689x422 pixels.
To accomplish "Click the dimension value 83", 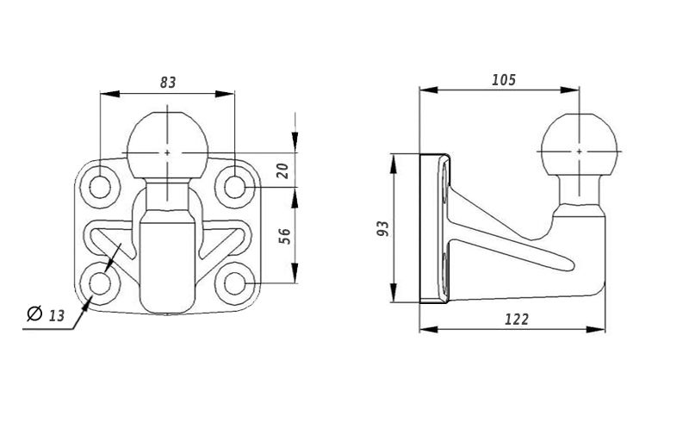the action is coord(168,82).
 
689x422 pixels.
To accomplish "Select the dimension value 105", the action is coord(504,80).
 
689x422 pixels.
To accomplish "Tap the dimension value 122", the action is coord(517,320).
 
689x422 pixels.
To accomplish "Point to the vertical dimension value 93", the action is coord(383,228).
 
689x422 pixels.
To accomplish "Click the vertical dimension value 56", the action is coord(285,236).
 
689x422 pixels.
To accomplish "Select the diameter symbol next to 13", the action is coord(34,313).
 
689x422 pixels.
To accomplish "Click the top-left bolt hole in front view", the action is coord(100,188).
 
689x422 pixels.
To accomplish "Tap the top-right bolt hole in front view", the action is coord(234,188).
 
